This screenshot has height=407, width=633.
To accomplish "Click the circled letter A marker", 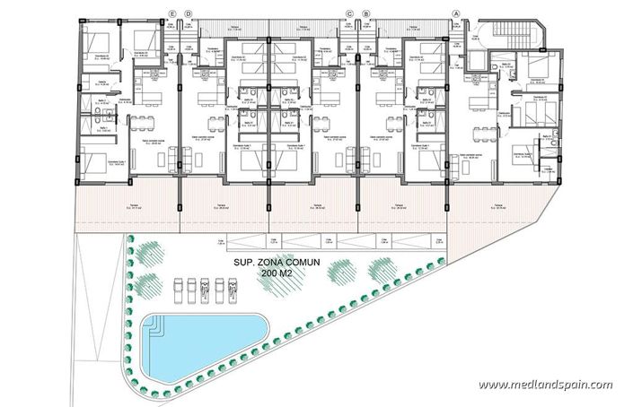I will [456, 13].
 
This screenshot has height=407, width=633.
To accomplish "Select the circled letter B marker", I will [366, 13].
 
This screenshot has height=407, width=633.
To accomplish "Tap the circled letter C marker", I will [351, 13].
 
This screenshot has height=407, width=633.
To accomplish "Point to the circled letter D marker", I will [188, 13].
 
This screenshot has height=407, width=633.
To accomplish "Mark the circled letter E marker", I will [172, 13].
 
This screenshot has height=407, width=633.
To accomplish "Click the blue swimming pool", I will [202, 344].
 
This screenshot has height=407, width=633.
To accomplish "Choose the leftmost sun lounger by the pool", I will [177, 289].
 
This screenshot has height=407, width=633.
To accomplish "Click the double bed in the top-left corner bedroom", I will [97, 41].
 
